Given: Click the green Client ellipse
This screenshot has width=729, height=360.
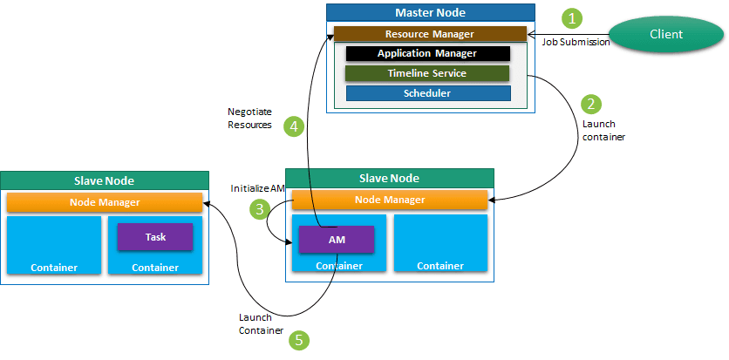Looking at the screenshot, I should (x=666, y=34).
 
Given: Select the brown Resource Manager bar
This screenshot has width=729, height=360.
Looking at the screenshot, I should (x=429, y=34).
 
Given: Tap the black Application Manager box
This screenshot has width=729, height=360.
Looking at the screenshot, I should (x=427, y=53).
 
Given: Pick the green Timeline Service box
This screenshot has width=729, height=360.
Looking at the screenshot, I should (x=427, y=73).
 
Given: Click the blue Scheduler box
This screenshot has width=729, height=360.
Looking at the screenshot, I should (x=427, y=93).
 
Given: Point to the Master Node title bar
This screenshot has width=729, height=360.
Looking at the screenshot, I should (x=430, y=12).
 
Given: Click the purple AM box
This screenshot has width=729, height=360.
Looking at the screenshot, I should (x=337, y=239).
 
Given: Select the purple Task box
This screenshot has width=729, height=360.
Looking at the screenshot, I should (x=155, y=236).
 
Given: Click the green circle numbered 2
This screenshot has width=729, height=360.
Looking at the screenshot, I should (x=592, y=104).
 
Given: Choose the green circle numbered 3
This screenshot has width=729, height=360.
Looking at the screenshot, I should (x=259, y=208).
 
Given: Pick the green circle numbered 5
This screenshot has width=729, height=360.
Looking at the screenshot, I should (x=299, y=340).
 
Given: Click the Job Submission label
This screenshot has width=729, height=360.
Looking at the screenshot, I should (x=576, y=42).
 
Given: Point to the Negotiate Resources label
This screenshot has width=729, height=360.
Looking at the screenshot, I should (x=249, y=119).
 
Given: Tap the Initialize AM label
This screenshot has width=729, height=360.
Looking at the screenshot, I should (x=257, y=188).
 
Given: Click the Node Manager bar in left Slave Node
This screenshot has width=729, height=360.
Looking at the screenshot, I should (x=104, y=202).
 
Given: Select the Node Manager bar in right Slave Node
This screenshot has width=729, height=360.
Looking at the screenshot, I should (x=389, y=200).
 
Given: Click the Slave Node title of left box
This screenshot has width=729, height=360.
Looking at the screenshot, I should (x=105, y=180).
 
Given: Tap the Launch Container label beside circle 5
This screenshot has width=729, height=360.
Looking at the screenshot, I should (x=261, y=323).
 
